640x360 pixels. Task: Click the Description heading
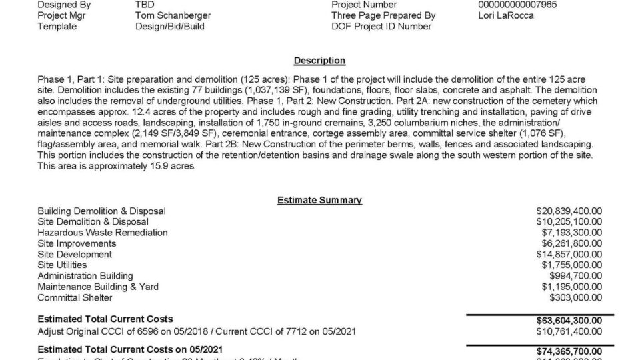319,61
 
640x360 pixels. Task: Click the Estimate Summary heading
319,200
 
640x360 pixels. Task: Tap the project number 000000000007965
513,4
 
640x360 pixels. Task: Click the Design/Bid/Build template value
169,27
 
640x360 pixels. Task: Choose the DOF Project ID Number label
381,27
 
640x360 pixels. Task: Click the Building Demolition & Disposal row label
101,211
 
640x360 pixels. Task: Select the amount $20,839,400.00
569,211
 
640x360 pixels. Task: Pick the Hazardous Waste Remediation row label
103,233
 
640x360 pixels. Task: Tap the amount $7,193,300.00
572,233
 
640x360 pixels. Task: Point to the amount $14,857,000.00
569,255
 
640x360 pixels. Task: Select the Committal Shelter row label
75,298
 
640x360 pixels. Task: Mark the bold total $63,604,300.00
569,319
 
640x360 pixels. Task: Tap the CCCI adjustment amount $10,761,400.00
569,331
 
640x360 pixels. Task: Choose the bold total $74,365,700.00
569,351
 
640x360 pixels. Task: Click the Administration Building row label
85,276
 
